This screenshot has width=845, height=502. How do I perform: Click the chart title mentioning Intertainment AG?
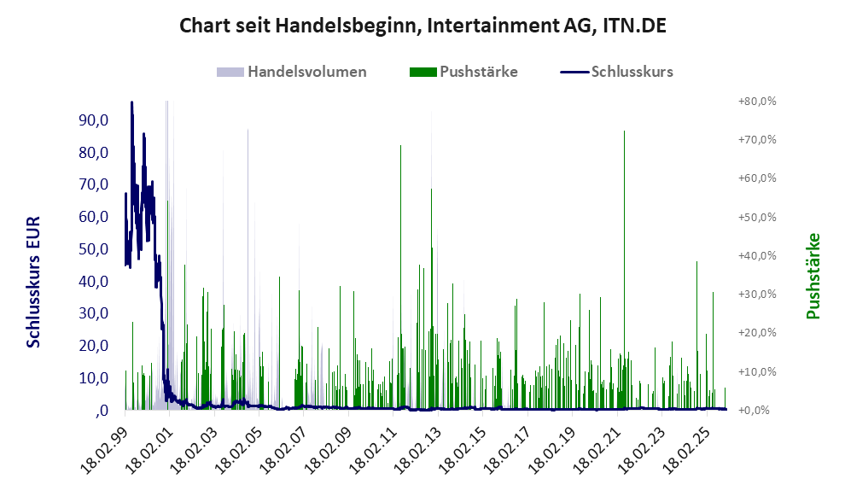pyautogui.click(x=422, y=26)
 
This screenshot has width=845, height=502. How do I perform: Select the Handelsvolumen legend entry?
pyautogui.click(x=307, y=72)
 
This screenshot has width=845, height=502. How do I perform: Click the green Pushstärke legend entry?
pyautogui.click(x=478, y=72)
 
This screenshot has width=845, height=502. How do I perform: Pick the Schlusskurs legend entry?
pyautogui.click(x=632, y=72)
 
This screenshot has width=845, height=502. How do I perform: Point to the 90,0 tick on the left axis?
pyautogui.click(x=92, y=120)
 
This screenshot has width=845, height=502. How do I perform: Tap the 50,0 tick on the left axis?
pyautogui.click(x=92, y=249)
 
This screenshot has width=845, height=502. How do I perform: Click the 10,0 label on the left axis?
pyautogui.click(x=92, y=378)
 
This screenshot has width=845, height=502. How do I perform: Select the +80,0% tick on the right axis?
pyautogui.click(x=757, y=101)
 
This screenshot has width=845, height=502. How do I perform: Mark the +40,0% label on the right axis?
pyautogui.click(x=757, y=255)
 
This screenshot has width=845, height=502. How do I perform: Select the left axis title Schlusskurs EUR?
pyautogui.click(x=34, y=282)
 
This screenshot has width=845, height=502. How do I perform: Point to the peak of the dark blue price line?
pyautogui.click(x=131, y=102)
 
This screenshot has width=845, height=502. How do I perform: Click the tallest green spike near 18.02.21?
pyautogui.click(x=624, y=132)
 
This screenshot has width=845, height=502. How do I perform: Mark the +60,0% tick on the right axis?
pyautogui.click(x=757, y=178)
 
